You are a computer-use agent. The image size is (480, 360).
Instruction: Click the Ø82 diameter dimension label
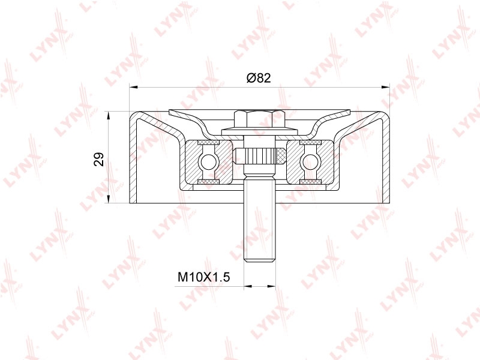(259, 78)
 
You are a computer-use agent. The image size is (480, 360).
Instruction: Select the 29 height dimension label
(99, 159)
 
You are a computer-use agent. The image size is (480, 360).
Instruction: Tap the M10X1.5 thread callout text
(204, 277)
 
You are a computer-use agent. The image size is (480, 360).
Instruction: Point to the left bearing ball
(207, 161)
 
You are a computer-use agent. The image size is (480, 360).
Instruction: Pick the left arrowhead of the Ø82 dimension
(133, 87)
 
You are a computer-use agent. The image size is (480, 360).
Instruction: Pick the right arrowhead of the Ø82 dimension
(385, 87)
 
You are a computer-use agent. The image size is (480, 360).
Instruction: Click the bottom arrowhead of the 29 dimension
(108, 199)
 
